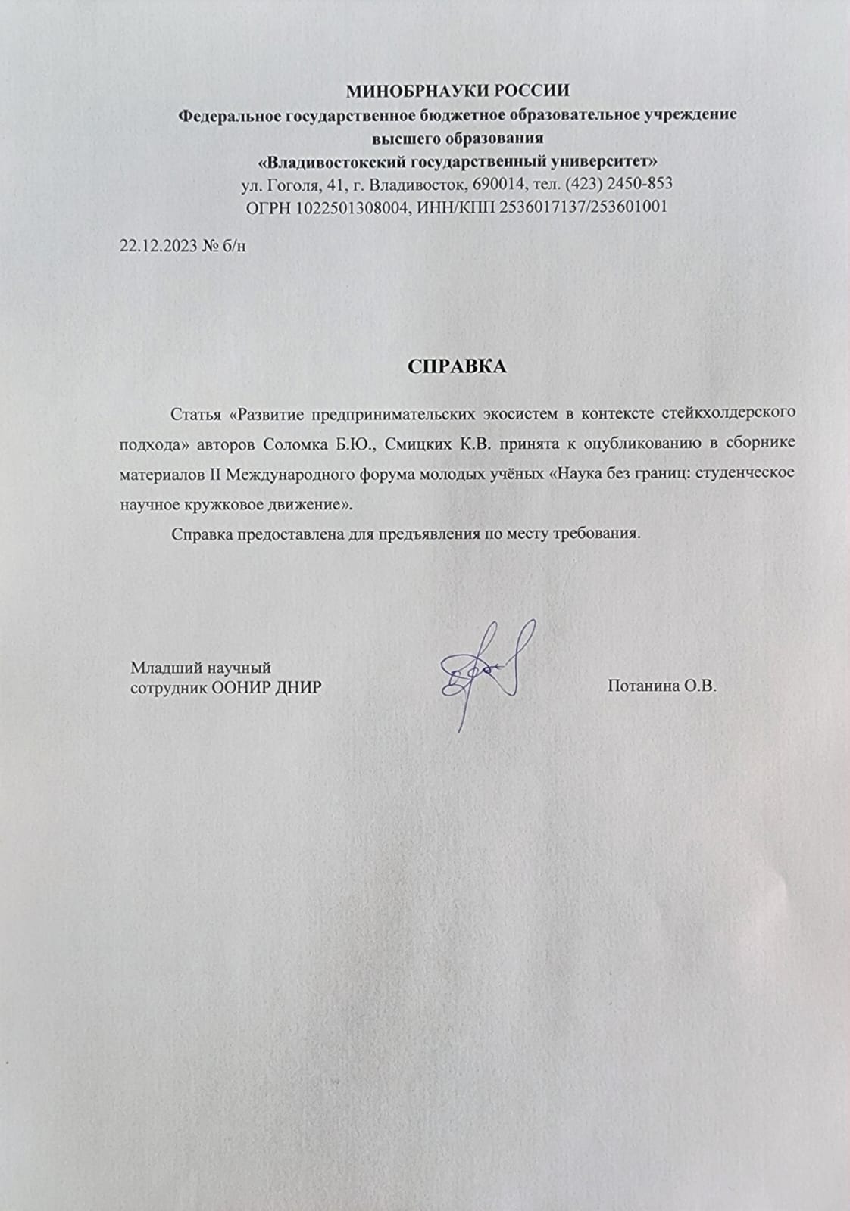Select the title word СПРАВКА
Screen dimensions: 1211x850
click(457, 366)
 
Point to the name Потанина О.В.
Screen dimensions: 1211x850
click(661, 687)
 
